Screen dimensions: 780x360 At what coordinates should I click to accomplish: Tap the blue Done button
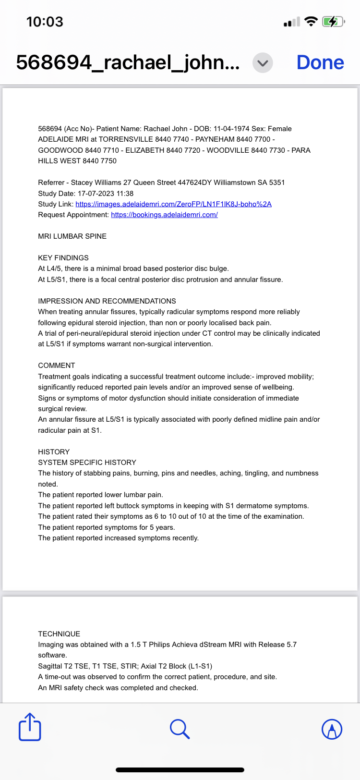point(320,62)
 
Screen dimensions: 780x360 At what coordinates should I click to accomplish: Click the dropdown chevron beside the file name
point(263,63)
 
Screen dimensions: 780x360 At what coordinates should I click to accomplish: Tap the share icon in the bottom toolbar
point(30,728)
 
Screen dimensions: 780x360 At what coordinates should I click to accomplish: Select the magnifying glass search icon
point(180,729)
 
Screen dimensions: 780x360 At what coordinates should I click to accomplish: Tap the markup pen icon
point(332,729)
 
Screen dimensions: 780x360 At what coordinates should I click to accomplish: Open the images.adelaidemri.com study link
point(173,204)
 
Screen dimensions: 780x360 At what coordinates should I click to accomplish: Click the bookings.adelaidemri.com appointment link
point(164,215)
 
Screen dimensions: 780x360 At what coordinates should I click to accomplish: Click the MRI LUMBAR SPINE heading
point(72,236)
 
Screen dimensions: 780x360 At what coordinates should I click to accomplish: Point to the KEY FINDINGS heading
point(63,258)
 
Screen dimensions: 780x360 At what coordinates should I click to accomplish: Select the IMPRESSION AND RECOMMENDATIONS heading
point(107,301)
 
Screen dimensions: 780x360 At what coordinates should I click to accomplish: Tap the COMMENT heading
point(57,366)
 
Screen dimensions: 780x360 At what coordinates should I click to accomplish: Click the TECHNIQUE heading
point(59,634)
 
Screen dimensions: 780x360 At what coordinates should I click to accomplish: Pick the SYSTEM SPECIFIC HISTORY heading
point(87,463)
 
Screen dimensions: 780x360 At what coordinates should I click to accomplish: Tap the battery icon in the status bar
point(333,22)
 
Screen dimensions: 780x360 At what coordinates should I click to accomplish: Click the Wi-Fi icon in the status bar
point(311,22)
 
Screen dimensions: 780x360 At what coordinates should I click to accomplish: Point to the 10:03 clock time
point(45,22)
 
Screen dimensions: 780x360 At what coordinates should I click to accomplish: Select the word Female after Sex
point(279,129)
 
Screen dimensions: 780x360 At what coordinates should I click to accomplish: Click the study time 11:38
point(124,194)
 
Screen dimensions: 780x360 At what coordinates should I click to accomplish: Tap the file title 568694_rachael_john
point(128,62)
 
